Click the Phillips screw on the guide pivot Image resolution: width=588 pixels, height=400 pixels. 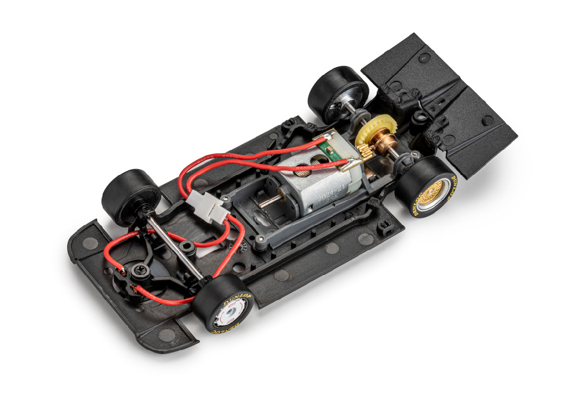point(136,271)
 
